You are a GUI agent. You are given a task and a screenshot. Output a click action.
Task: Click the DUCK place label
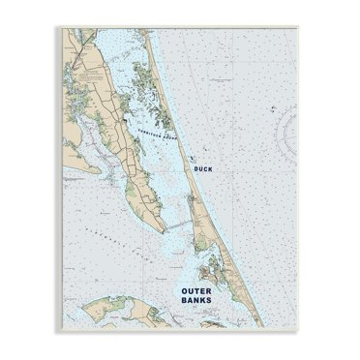click(203, 168)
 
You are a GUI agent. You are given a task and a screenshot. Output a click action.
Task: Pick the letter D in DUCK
click(195, 168)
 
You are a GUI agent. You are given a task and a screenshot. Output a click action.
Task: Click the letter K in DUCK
click(211, 168)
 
